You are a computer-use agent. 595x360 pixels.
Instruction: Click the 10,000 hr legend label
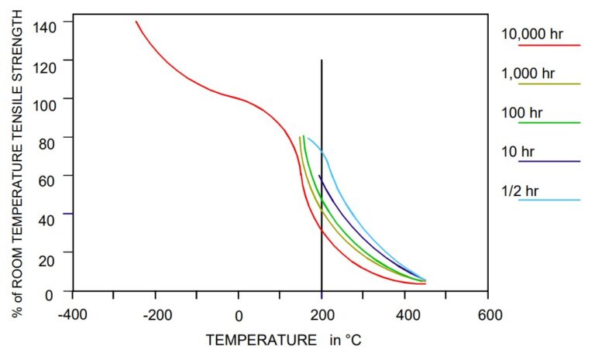(532, 34)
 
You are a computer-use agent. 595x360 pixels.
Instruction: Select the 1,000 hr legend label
(529, 74)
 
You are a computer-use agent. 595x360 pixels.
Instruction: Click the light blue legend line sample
(549, 200)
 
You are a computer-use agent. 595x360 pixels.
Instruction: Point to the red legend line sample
(549, 45)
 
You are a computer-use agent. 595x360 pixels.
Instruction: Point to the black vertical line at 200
(322, 116)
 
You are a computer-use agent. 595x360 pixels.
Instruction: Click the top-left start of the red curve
(136, 22)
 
